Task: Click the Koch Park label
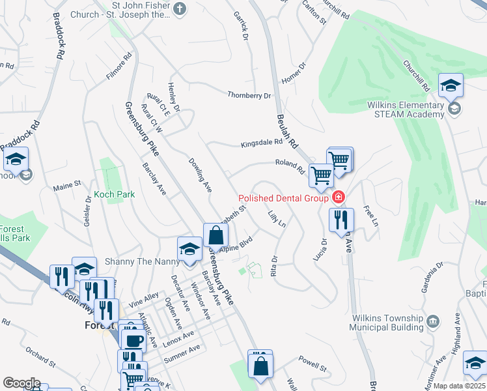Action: (114, 194)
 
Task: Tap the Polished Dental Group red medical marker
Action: (338, 197)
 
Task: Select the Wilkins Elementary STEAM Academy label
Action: (405, 109)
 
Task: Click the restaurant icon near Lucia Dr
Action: (341, 221)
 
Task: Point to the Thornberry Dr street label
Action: (249, 95)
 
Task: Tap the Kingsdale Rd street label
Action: (262, 143)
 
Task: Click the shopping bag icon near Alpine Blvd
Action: (216, 236)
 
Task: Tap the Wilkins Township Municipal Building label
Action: (387, 323)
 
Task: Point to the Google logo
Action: (21, 383)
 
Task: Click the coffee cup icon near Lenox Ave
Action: (134, 340)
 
